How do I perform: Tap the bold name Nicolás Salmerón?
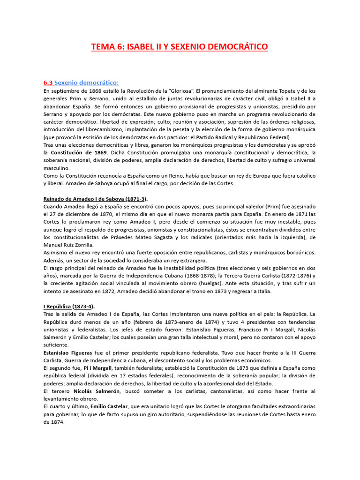pyautogui.click(x=99, y=391)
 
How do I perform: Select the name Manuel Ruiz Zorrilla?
pyautogui.click(x=68, y=244)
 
